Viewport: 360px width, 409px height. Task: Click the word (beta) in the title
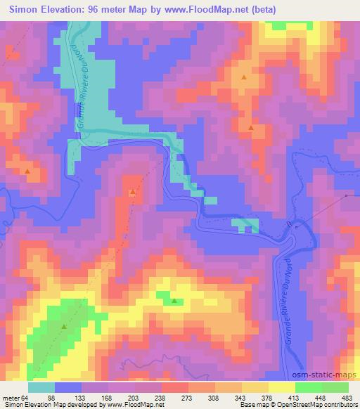tap(260, 10)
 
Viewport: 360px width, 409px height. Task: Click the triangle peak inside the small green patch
tap(174, 301)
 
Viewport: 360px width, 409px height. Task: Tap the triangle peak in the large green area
tap(64, 326)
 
